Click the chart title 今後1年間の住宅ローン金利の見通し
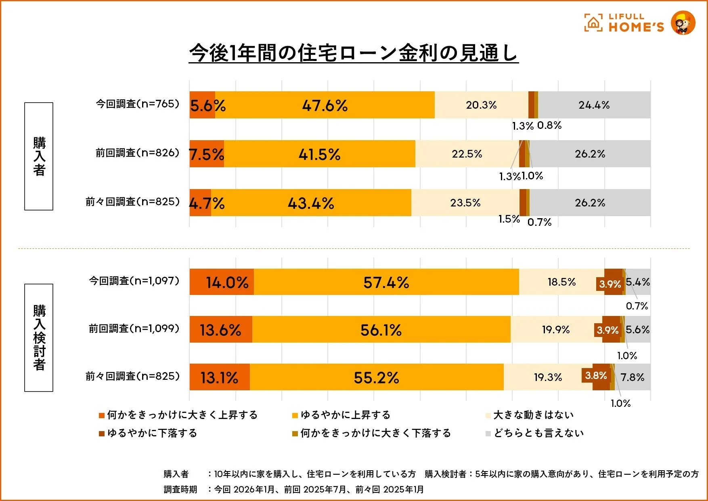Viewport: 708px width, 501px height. coord(354,53)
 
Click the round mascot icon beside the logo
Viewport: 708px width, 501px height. coord(683,23)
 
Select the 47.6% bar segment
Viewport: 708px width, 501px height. coord(325,105)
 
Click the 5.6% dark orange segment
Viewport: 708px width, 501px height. coord(202,105)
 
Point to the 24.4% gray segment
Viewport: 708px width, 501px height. coord(594,105)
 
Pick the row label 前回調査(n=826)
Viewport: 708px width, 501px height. coord(137,153)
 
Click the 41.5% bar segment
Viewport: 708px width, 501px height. coord(319,154)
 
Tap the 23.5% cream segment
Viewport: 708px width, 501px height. coord(465,203)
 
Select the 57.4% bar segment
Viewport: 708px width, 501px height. coord(386,282)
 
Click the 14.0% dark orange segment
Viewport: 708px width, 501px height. coord(222,282)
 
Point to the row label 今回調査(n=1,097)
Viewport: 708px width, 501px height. coord(134,281)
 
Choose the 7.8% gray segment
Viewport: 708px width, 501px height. coord(633,377)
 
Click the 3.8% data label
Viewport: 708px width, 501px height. coord(596,375)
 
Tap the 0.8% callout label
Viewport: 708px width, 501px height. coord(549,125)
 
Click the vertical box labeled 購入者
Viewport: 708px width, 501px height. coord(39,156)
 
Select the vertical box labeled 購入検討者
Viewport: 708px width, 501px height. coord(39,338)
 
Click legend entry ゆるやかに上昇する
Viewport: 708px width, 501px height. coord(345,415)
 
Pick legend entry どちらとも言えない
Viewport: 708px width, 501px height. coord(538,433)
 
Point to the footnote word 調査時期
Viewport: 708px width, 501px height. coord(180,489)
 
